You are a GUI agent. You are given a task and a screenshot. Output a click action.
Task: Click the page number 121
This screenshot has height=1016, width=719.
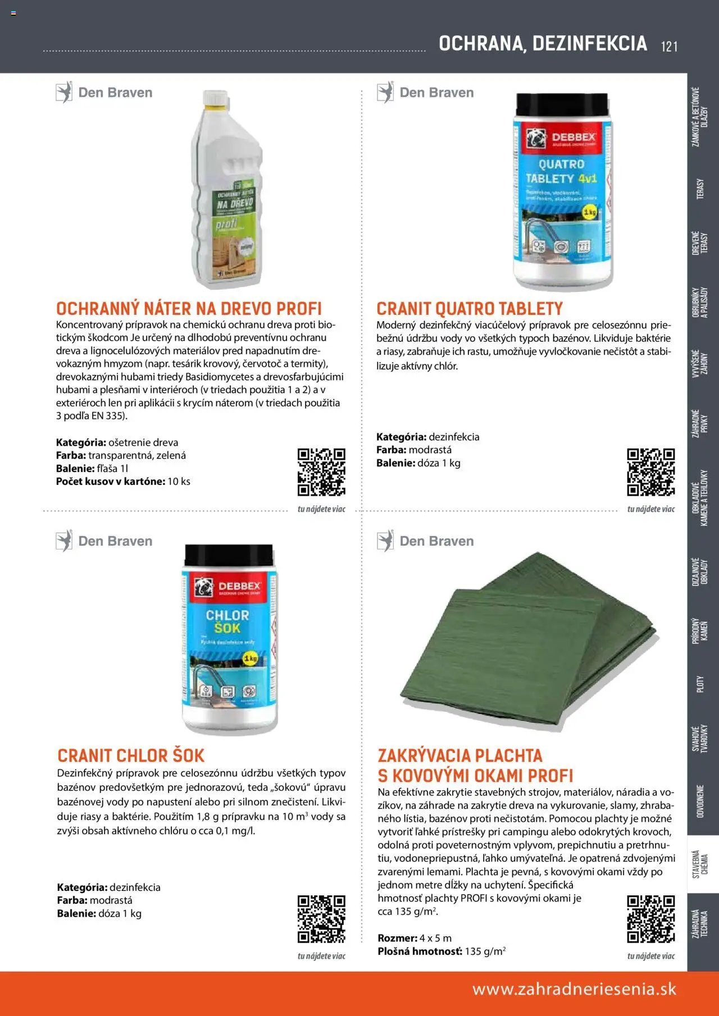point(669,46)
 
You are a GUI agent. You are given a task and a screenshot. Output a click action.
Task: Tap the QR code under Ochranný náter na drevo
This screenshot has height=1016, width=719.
point(321,472)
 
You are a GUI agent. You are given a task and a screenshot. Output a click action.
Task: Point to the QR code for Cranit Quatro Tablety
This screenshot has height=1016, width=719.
point(650,472)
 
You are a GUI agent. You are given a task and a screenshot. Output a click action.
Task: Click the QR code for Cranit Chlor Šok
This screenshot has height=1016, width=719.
point(321,919)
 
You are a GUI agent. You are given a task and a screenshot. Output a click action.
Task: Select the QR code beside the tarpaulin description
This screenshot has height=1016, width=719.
point(650,919)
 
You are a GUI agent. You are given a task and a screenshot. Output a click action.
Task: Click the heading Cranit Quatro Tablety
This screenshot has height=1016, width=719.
point(470,309)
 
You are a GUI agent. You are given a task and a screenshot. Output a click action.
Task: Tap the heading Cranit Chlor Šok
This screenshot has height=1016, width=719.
point(131,756)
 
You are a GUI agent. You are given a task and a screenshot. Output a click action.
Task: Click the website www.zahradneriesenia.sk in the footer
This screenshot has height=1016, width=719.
point(574,989)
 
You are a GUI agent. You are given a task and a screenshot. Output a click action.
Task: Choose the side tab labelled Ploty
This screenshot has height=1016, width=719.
point(700,684)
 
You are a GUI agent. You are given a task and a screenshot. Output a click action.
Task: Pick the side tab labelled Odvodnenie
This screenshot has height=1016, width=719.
point(700,801)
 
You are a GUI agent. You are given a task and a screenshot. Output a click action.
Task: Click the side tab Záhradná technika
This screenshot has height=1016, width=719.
point(700,923)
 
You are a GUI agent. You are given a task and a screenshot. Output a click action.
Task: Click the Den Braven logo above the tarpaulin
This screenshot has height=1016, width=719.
point(426,541)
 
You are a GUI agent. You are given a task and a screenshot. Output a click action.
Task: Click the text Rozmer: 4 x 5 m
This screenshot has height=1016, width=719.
point(415,938)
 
